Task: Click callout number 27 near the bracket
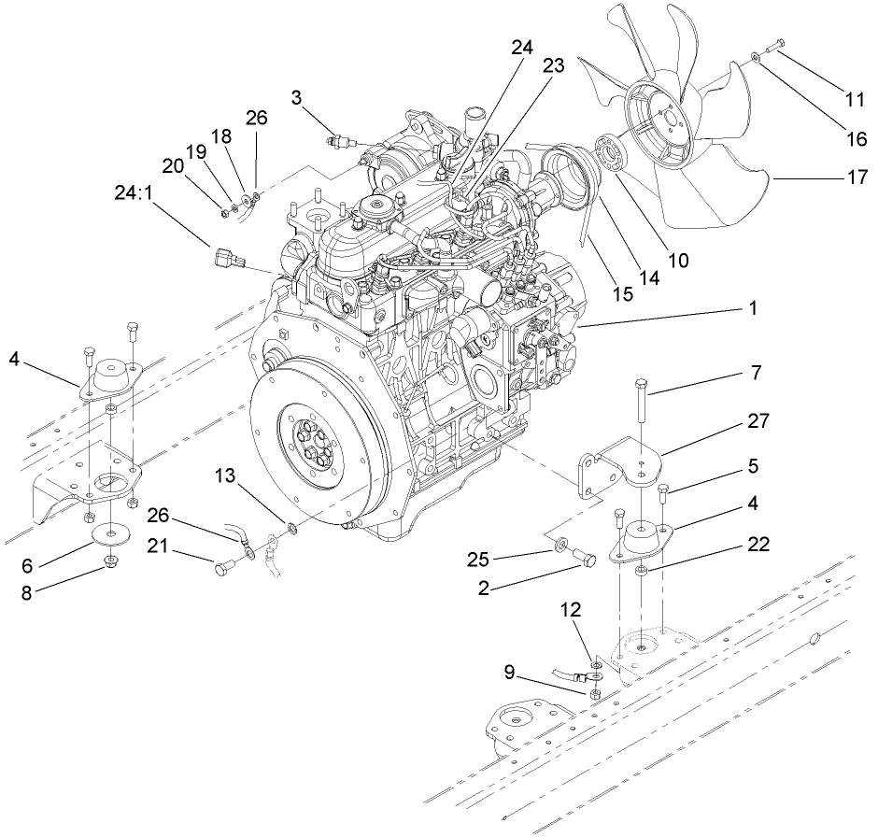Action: coord(759,421)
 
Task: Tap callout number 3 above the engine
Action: coord(296,97)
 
